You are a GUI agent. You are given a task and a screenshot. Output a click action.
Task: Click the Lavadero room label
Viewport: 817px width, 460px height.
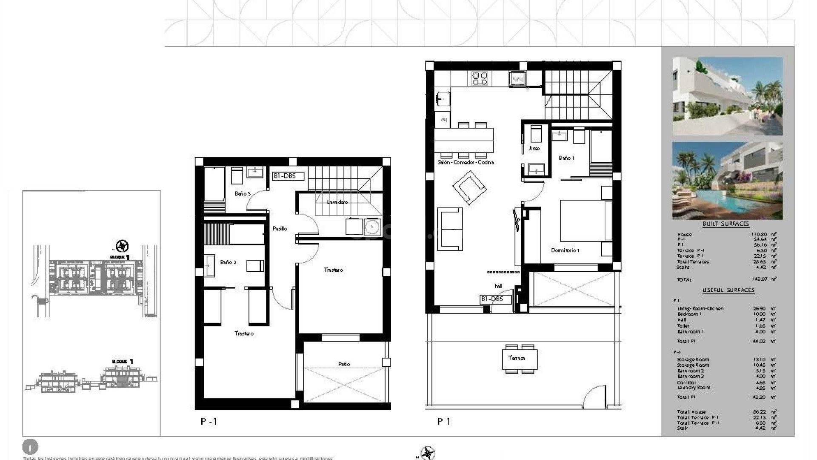tap(337, 202)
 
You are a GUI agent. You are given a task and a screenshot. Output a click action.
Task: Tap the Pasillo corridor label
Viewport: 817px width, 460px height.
tap(280, 229)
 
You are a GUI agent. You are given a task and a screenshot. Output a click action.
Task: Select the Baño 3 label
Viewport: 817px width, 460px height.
tap(243, 194)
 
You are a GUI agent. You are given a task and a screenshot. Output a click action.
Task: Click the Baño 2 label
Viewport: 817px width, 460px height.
tap(228, 262)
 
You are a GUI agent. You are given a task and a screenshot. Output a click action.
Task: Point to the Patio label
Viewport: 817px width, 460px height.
tap(344, 364)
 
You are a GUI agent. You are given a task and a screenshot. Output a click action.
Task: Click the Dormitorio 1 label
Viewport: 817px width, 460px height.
tap(565, 250)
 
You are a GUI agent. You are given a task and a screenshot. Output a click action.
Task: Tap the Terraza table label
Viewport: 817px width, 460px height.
tap(517, 358)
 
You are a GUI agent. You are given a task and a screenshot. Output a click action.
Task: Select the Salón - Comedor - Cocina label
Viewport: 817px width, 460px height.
tap(466, 162)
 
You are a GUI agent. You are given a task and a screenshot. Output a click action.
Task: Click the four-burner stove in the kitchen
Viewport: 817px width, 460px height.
tap(480, 78)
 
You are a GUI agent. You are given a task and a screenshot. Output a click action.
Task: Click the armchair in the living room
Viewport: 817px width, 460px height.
tap(469, 187)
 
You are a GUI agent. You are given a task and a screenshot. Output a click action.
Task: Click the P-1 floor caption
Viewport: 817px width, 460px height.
tap(209, 422)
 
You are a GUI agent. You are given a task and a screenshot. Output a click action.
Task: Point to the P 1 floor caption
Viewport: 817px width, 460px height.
tap(443, 421)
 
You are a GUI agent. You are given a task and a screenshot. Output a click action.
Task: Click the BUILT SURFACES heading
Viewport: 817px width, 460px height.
tap(726, 224)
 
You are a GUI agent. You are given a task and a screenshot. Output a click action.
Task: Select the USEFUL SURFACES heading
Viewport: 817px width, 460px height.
tap(728, 290)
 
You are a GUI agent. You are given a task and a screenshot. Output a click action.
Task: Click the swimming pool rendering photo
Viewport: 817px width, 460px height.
tap(727, 181)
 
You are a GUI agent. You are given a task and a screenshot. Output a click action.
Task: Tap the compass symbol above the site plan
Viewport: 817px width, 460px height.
tap(122, 246)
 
